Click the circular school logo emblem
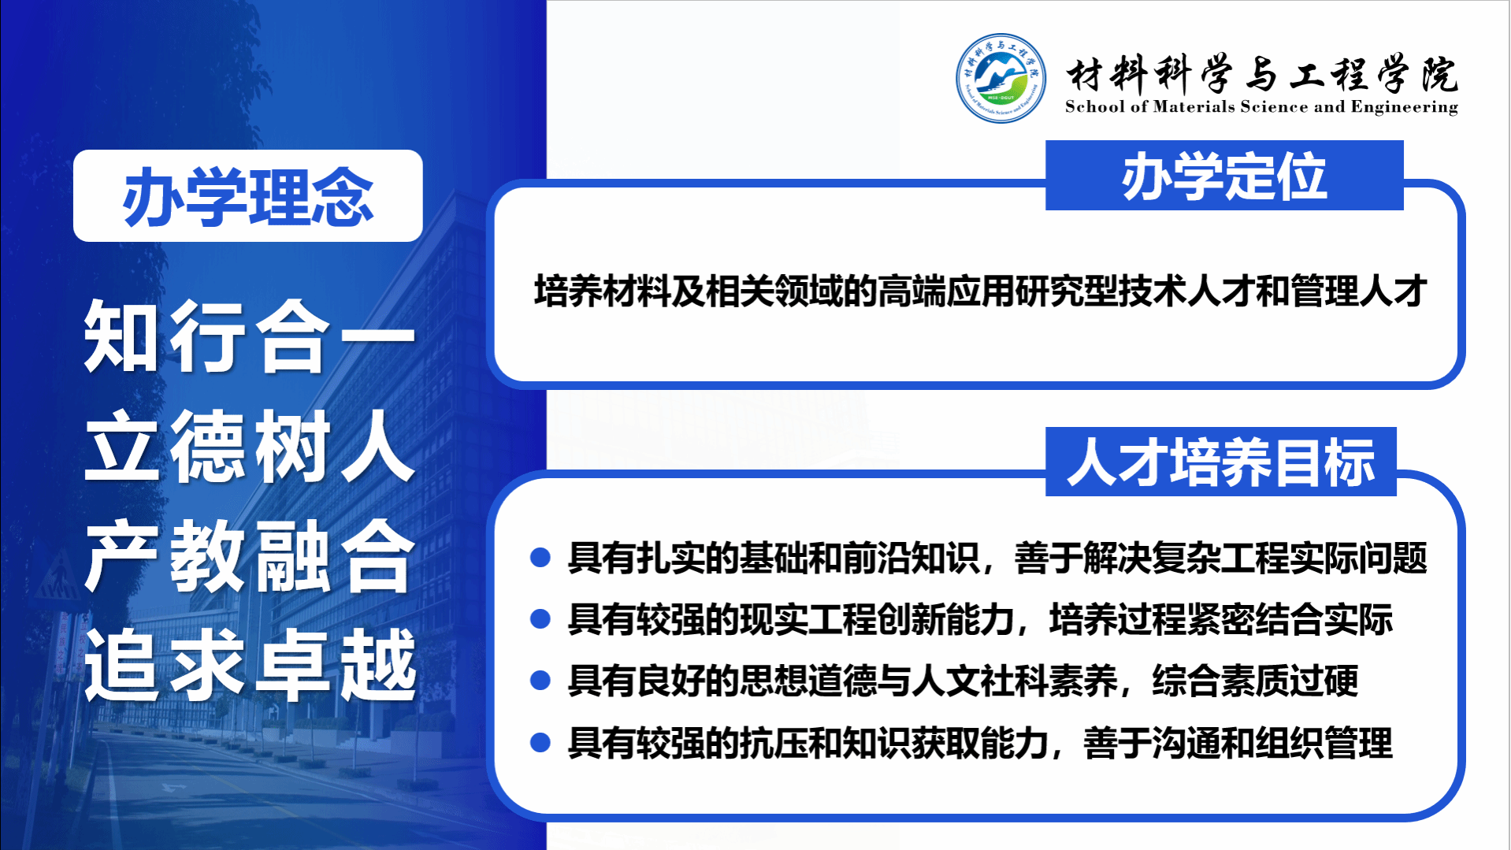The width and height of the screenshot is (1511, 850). click(x=1001, y=78)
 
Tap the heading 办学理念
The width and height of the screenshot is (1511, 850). click(x=248, y=197)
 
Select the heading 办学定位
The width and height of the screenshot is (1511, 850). click(x=1224, y=176)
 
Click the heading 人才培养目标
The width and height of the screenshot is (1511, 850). click(x=1220, y=462)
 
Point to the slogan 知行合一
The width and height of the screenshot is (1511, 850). click(x=250, y=336)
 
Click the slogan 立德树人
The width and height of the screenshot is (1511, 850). click(x=250, y=446)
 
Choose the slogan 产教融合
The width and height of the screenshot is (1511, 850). click(x=250, y=556)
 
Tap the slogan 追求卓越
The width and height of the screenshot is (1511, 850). click(x=250, y=665)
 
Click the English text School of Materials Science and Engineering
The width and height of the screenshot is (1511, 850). click(x=1261, y=107)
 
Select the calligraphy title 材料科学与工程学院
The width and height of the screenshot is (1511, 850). click(x=1262, y=74)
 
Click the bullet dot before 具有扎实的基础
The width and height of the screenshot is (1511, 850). click(x=540, y=558)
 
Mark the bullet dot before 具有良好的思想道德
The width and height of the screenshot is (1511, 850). click(x=540, y=681)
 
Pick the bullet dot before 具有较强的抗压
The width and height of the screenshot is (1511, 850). click(x=540, y=742)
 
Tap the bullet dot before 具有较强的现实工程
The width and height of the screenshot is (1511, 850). click(x=540, y=619)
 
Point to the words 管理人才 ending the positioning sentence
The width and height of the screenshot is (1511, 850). click(x=1359, y=291)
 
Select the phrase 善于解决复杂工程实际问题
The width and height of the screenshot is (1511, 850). click(x=1220, y=558)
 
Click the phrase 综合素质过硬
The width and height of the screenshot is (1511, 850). click(x=1255, y=681)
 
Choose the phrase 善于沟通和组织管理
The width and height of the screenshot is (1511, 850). click(x=1238, y=742)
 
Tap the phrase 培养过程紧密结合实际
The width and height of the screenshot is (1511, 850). click(x=1221, y=619)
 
